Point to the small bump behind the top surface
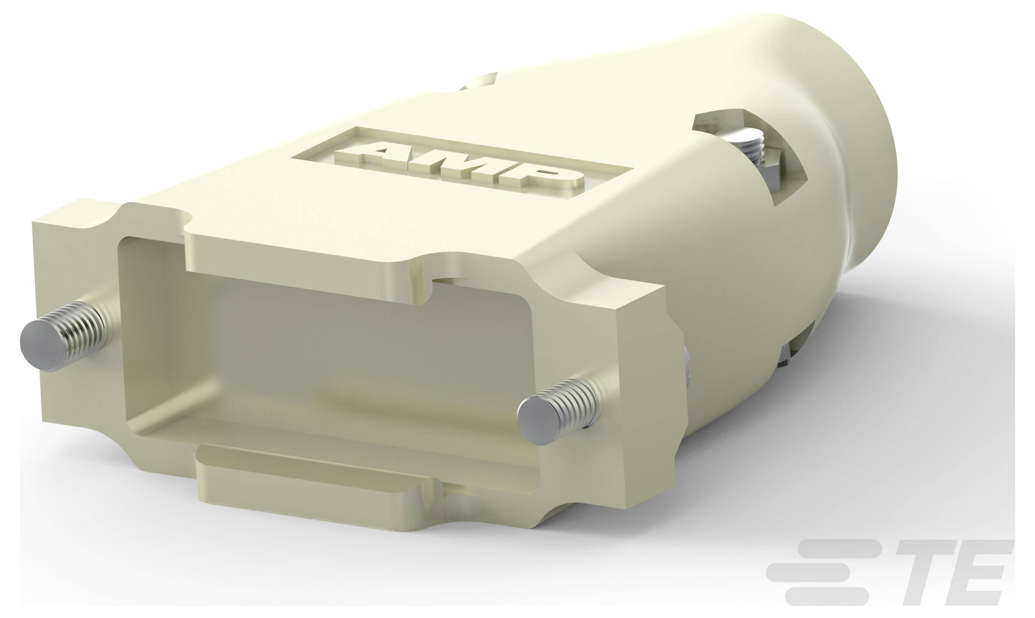[479, 81]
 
